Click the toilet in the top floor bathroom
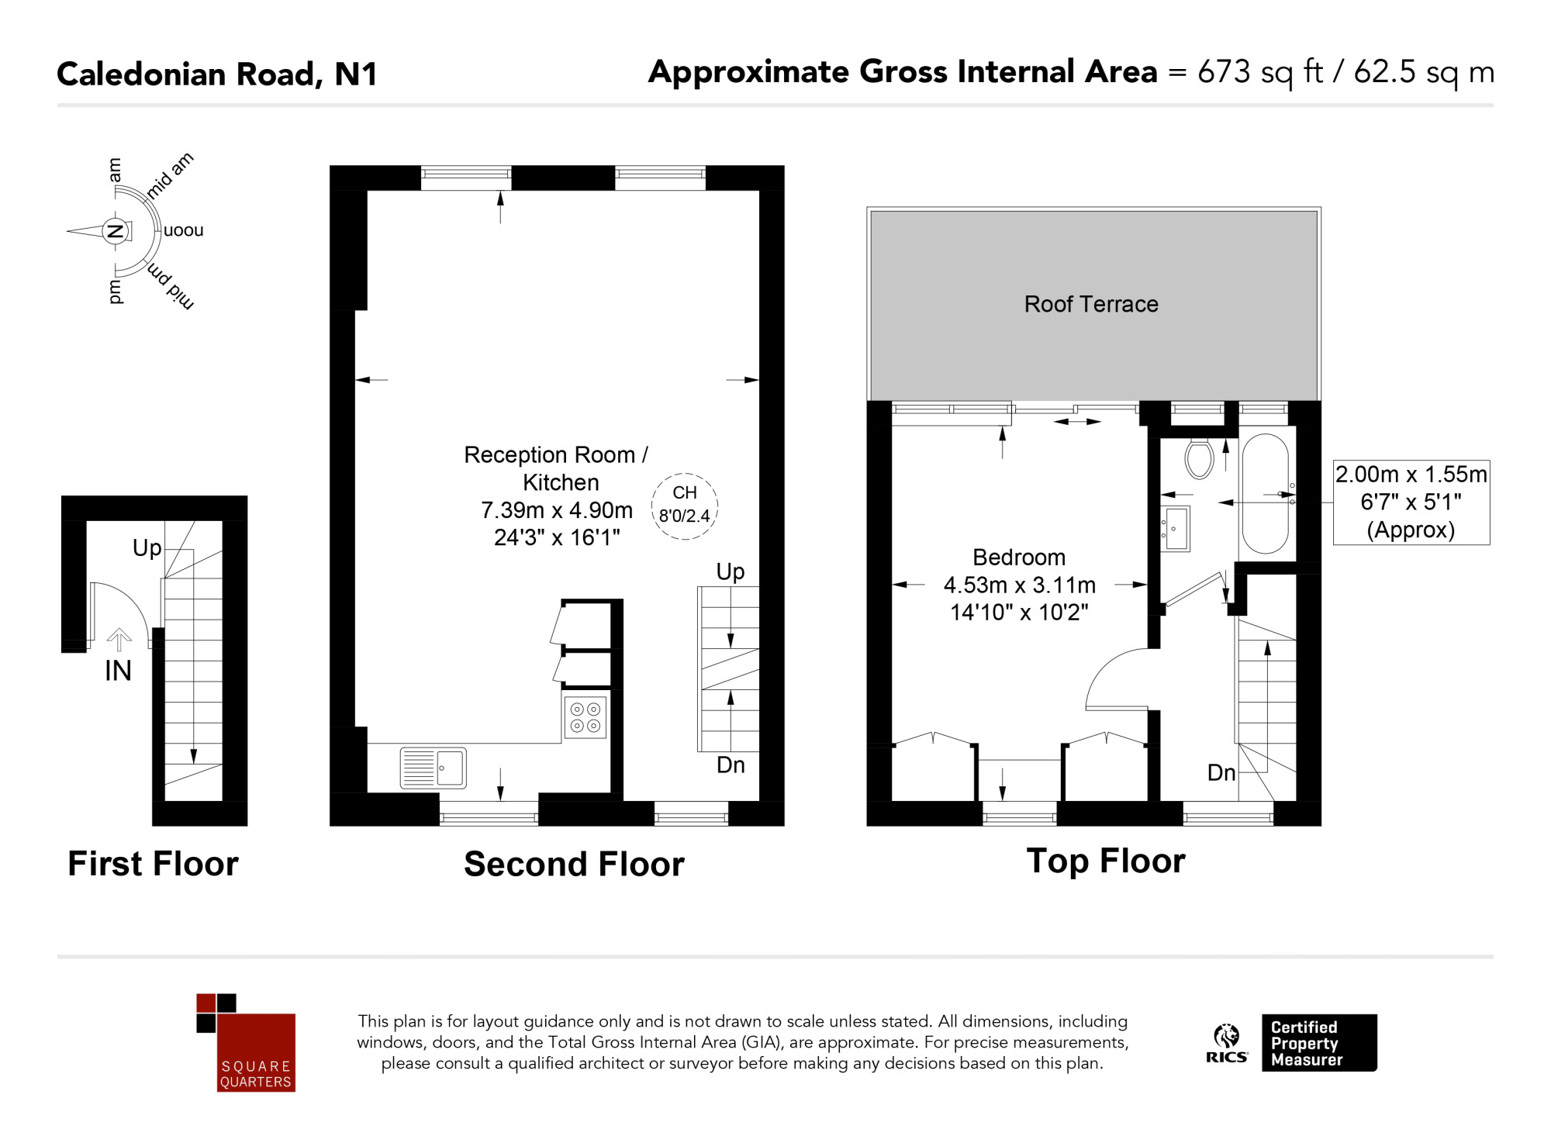[x=1199, y=458]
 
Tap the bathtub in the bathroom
[x=1265, y=493]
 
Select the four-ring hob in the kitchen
[x=586, y=717]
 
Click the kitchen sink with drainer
[x=434, y=768]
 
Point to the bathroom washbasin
[x=1176, y=529]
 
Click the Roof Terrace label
[x=1091, y=304]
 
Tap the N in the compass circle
[x=115, y=230]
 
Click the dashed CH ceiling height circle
[x=685, y=506]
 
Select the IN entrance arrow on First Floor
[x=119, y=640]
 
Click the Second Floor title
[x=574, y=864]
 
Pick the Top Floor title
[x=1106, y=861]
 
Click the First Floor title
[x=153, y=863]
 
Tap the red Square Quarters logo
[x=246, y=1043]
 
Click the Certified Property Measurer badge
[x=1319, y=1043]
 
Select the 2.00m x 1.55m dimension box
[x=1411, y=502]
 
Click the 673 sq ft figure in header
[x=1260, y=72]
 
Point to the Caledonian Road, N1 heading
[x=217, y=74]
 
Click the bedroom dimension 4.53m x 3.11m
[x=1019, y=585]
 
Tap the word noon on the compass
[x=184, y=230]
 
